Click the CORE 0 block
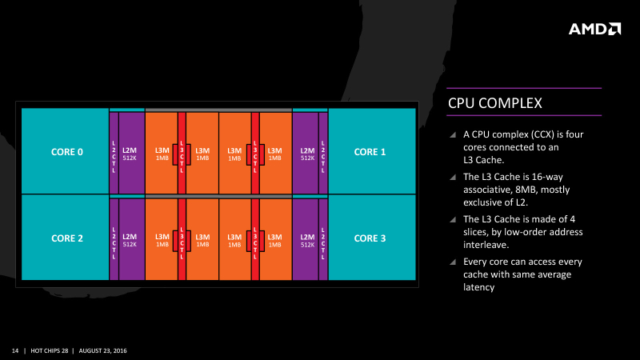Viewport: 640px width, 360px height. click(x=67, y=151)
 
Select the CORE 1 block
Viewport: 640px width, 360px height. click(x=370, y=151)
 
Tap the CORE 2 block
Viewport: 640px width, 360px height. click(x=67, y=238)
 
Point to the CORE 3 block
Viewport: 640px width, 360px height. click(x=370, y=238)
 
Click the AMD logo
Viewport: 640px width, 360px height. click(x=594, y=29)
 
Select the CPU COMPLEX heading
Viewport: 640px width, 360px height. click(x=495, y=104)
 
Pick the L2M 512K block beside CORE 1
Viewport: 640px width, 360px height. click(x=306, y=153)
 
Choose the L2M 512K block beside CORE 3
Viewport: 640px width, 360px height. click(x=306, y=239)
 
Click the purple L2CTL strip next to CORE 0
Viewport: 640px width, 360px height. click(x=114, y=153)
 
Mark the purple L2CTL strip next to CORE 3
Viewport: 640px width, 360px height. click(x=323, y=239)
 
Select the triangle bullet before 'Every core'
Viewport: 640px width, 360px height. click(x=454, y=262)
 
